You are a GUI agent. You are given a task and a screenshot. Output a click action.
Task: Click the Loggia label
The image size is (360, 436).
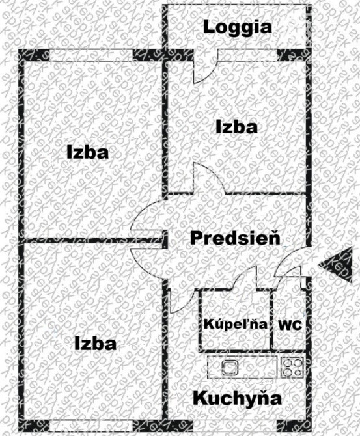[x=238, y=27]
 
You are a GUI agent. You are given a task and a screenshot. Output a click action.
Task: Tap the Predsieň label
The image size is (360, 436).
[x=236, y=238]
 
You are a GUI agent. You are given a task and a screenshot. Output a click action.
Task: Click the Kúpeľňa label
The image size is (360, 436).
[x=236, y=324]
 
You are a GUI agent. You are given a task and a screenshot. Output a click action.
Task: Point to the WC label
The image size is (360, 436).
[x=290, y=325]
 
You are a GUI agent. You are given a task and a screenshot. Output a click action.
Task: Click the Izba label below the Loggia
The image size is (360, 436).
[x=237, y=128]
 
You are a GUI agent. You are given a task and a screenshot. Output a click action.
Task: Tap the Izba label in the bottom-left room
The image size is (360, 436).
[x=96, y=344]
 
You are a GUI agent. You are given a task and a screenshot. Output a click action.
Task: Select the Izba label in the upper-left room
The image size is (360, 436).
[x=88, y=153]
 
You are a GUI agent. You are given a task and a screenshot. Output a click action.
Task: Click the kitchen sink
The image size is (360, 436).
[x=230, y=367]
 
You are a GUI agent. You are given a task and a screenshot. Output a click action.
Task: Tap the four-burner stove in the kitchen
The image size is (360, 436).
[x=292, y=368]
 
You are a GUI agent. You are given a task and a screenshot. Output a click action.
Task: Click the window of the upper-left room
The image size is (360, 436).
[x=91, y=55]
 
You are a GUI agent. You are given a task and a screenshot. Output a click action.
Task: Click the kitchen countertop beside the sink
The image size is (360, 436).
[x=257, y=367]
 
